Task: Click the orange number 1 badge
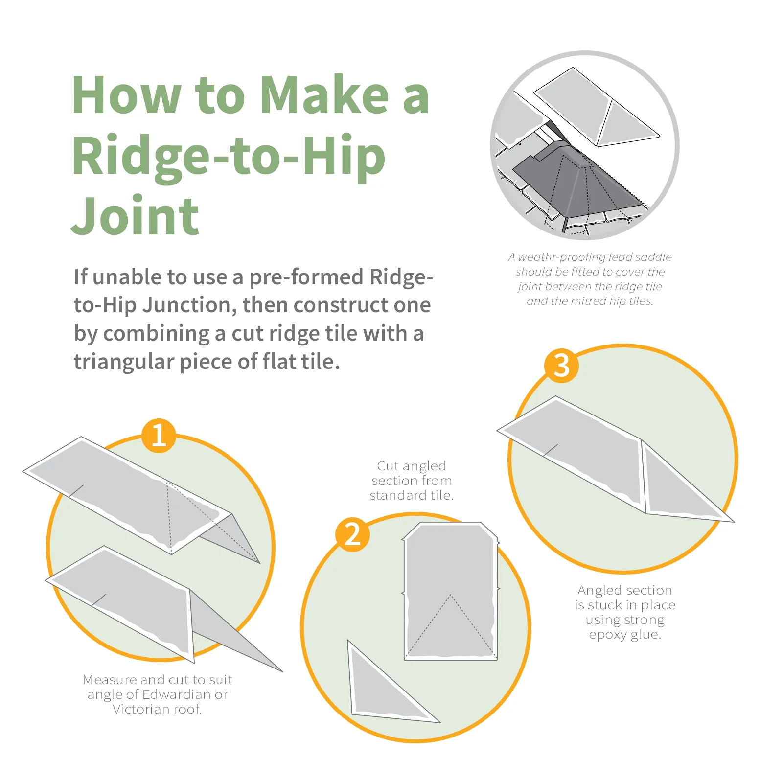coord(159,435)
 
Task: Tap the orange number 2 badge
coord(352,534)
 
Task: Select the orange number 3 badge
coord(561,366)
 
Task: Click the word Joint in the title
coord(135,216)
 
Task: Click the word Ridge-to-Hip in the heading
coord(229,156)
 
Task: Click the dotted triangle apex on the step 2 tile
coord(450,596)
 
